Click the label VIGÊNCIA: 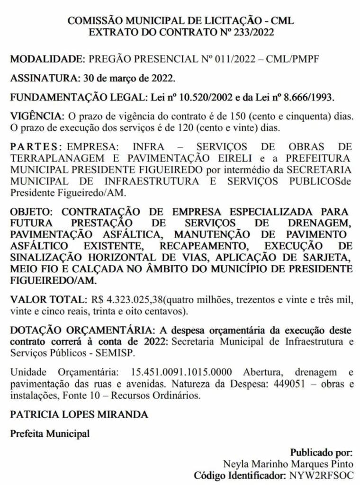36,117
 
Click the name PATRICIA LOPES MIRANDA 79,414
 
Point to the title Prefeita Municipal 50,433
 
